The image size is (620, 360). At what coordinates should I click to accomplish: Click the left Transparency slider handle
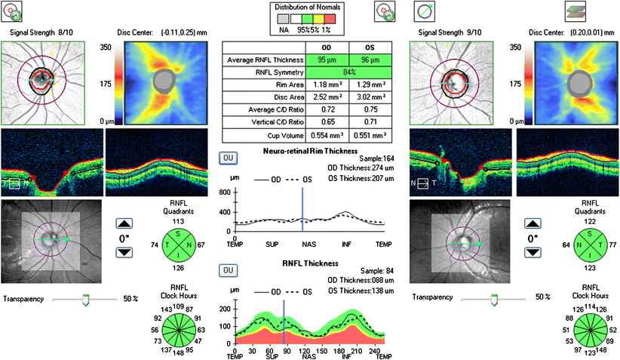pos(85,300)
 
